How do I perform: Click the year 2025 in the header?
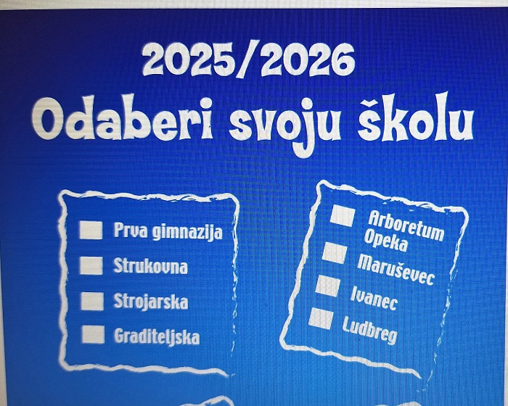(189, 59)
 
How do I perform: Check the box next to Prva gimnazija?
(91, 231)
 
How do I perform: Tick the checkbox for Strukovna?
(91, 265)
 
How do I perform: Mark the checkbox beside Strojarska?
(92, 301)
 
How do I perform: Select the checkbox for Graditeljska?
(94, 334)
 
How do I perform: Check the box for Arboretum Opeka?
(343, 215)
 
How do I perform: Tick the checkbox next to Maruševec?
(335, 252)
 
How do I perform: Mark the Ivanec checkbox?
(328, 286)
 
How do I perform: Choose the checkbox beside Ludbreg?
(321, 319)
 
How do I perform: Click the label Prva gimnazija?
(168, 231)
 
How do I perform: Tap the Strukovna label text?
(151, 267)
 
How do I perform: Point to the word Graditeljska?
(157, 336)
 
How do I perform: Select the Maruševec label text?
(396, 270)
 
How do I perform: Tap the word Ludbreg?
(369, 331)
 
